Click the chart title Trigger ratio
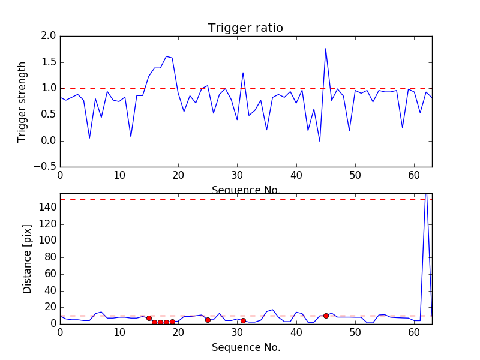click(x=245, y=28)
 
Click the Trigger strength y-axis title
click(x=22, y=101)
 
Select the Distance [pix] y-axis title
click(x=27, y=259)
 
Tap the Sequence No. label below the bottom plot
click(x=246, y=347)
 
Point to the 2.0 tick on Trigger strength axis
click(x=49, y=36)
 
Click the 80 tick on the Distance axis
click(x=49, y=257)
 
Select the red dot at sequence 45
click(x=326, y=316)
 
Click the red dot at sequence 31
click(x=243, y=320)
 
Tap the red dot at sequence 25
click(x=208, y=320)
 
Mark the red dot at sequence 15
click(x=149, y=318)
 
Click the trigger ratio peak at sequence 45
click(x=326, y=49)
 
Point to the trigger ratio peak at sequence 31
click(x=243, y=73)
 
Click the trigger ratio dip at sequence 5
click(x=89, y=138)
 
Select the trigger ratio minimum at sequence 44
click(x=320, y=141)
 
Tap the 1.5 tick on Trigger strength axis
click(x=49, y=62)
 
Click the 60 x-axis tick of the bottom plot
click(x=414, y=332)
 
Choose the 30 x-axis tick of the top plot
click(x=237, y=176)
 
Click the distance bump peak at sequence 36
click(x=272, y=310)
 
